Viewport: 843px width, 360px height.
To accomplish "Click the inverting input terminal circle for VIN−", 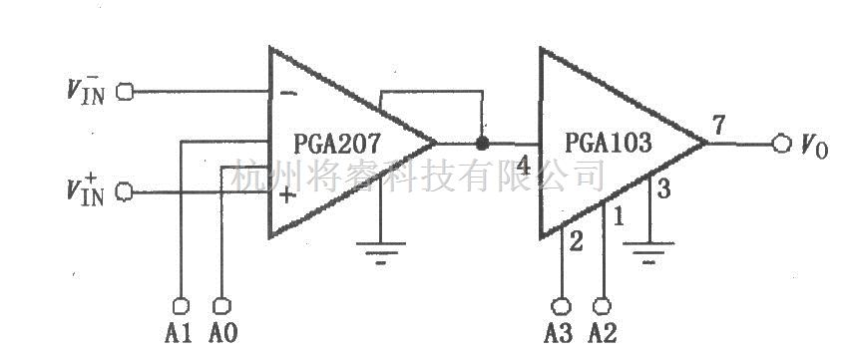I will click(125, 92).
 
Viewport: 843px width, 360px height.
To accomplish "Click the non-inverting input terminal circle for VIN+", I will click(125, 191).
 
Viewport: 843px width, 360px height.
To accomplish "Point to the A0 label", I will click(222, 330).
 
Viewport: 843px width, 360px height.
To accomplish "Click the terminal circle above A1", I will click(181, 302).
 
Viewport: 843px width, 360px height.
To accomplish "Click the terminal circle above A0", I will click(221, 302).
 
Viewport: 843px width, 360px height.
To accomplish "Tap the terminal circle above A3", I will click(562, 303).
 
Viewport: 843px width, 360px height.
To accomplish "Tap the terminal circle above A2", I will click(603, 303).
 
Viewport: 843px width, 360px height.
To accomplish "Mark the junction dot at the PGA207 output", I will click(483, 143).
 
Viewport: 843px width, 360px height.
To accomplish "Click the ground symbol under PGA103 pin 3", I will click(649, 253).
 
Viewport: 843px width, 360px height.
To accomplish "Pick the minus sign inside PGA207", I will click(287, 93).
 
